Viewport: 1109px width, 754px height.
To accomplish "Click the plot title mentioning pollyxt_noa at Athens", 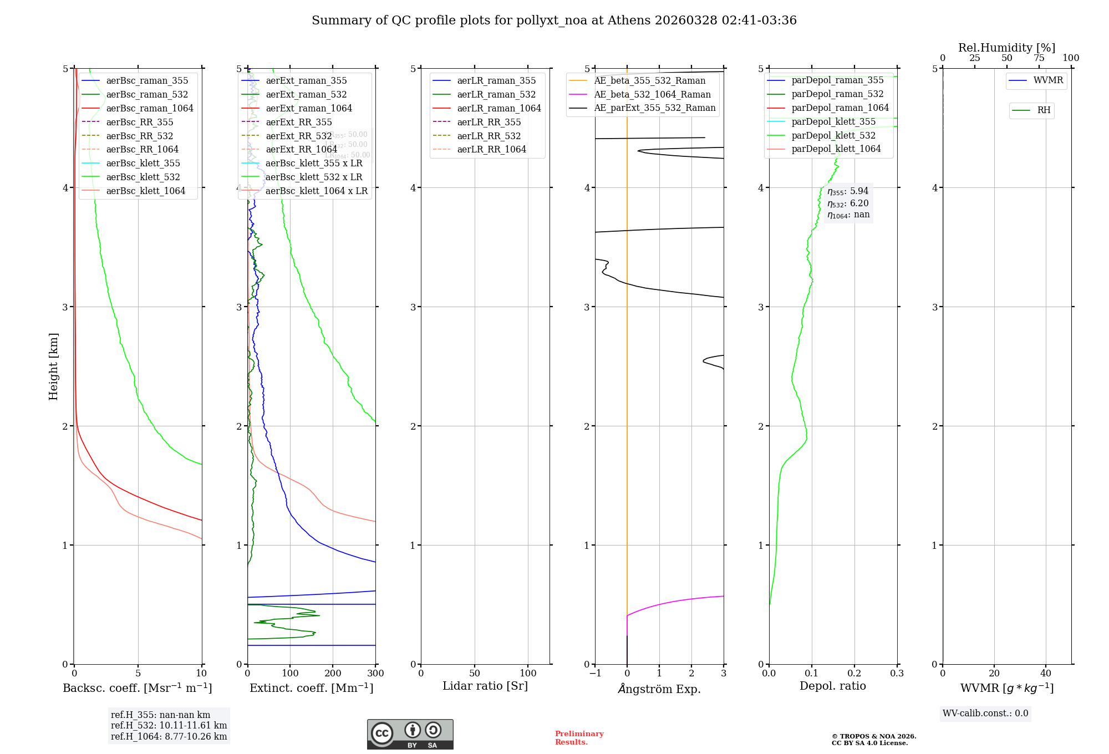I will pyautogui.click(x=554, y=21).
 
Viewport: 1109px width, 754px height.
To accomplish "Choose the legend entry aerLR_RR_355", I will pyautogui.click(x=489, y=122).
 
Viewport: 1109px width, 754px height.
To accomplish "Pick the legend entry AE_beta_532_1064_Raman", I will pyautogui.click(x=652, y=94).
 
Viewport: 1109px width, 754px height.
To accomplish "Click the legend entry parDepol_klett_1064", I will pyautogui.click(x=836, y=149).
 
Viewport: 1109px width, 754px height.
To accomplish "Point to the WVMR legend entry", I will pyautogui.click(x=1048, y=80).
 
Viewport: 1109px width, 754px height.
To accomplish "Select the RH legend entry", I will pyautogui.click(x=1044, y=110).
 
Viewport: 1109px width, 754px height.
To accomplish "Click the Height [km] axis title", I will pyautogui.click(x=53, y=366).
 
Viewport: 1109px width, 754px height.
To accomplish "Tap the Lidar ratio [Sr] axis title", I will pyautogui.click(x=485, y=686).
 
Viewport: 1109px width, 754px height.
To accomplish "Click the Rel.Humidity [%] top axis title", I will pyautogui.click(x=1006, y=48).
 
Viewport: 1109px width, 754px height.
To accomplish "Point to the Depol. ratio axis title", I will pyautogui.click(x=832, y=686).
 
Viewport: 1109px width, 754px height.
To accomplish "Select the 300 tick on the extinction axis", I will pyautogui.click(x=375, y=673).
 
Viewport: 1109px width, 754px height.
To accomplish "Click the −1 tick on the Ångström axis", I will pyautogui.click(x=595, y=673).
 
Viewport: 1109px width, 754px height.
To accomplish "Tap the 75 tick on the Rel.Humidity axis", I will pyautogui.click(x=1039, y=58).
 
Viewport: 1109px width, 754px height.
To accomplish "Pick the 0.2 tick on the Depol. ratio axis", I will pyautogui.click(x=854, y=673).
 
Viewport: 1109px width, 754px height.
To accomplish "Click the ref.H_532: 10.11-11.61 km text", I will pyautogui.click(x=169, y=725).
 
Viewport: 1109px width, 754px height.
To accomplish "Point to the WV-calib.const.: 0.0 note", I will pyautogui.click(x=985, y=714).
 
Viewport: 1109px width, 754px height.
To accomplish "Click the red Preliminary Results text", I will pyautogui.click(x=579, y=738).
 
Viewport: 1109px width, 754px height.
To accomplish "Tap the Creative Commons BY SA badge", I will pyautogui.click(x=410, y=734).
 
